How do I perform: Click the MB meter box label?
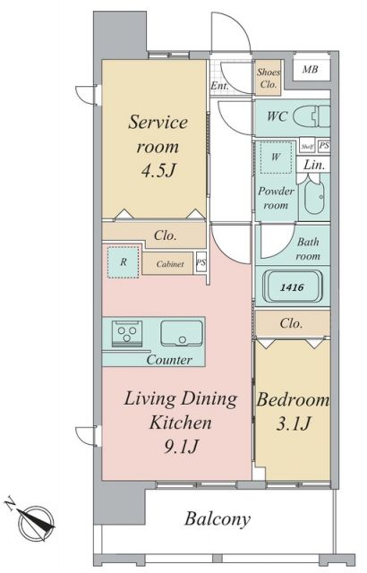point(310,69)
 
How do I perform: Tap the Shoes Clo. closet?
point(268,78)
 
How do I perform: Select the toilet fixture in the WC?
point(312,116)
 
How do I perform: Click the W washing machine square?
point(276,158)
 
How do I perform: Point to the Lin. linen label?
point(314,165)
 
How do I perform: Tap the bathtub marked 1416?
point(293,287)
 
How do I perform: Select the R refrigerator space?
point(124,262)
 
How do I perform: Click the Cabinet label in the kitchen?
point(170,264)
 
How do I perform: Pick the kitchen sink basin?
point(182,333)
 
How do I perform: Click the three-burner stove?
point(127,333)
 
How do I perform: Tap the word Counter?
point(169,360)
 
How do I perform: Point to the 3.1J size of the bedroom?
point(294,423)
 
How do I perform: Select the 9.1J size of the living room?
point(181,447)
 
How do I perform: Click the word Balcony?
point(218,519)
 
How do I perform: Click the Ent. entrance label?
point(220,86)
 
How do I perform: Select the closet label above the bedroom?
point(291,323)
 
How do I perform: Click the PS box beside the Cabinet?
point(201,262)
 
